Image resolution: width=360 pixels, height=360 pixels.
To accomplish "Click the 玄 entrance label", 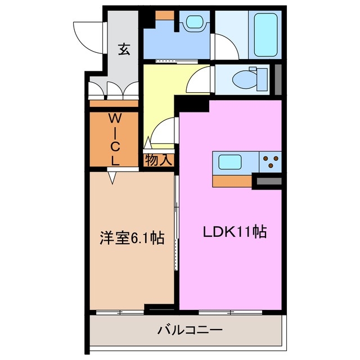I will (x=124, y=49).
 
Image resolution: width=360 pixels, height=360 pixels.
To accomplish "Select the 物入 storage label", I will (x=157, y=160).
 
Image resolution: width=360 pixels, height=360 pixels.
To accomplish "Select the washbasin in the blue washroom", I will (x=193, y=22).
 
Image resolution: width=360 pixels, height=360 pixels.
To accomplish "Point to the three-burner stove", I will (x=269, y=162).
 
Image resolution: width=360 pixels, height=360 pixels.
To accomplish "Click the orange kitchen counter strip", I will (x=232, y=181).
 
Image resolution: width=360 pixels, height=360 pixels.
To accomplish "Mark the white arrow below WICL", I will (x=112, y=178).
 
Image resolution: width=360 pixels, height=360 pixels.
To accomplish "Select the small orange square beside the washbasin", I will (x=165, y=16).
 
